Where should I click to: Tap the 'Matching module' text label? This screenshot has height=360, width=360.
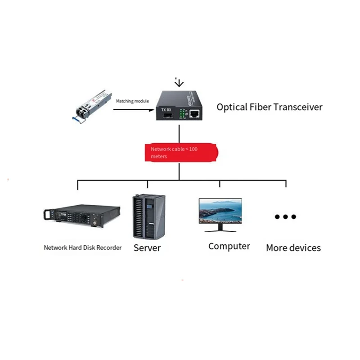tap(132, 101)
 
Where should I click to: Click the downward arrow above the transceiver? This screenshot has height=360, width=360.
tap(179, 82)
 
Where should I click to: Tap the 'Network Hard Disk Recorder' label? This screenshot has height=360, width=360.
tap(83, 247)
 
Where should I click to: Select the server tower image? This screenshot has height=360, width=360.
tap(148, 216)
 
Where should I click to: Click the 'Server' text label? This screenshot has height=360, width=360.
tap(147, 248)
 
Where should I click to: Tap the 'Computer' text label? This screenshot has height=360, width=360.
tap(229, 246)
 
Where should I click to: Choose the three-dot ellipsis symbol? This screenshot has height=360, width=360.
tap(285, 216)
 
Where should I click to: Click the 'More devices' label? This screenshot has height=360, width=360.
tap(293, 247)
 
